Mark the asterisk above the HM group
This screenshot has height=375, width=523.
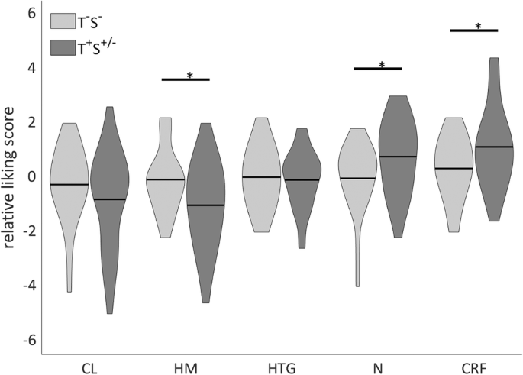pos(189,76)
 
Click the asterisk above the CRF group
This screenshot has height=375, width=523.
pos(478,27)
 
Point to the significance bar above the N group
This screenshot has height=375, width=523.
pos(377,69)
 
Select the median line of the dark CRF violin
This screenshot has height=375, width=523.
pos(494,147)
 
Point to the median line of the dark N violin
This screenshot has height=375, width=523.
pos(398,157)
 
